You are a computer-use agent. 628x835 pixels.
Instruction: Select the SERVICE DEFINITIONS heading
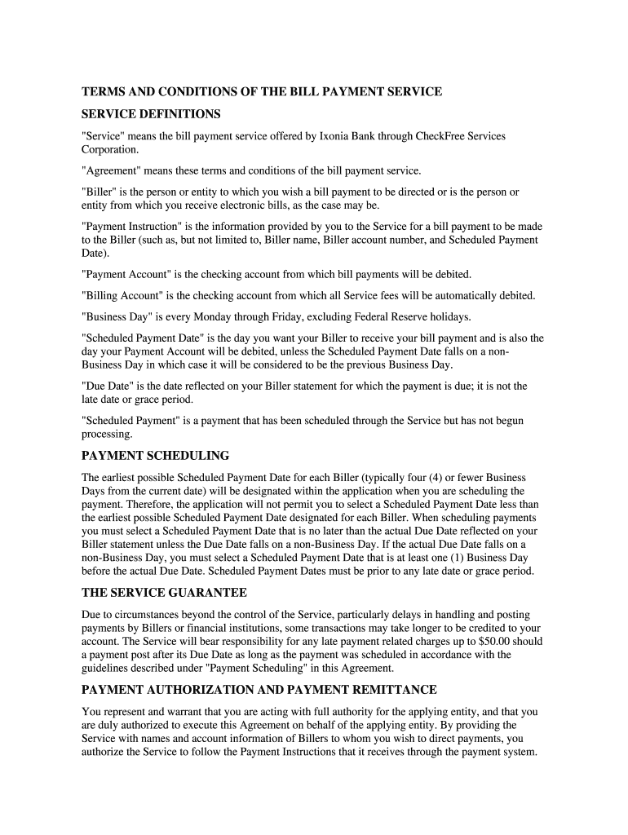[x=151, y=113]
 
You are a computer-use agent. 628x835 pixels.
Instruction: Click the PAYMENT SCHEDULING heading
[x=155, y=455]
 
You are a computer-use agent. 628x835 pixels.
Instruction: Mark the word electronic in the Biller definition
[x=245, y=205]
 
